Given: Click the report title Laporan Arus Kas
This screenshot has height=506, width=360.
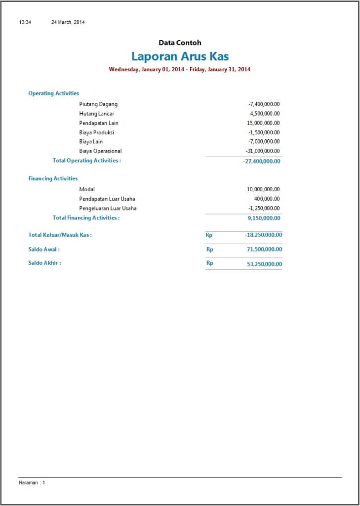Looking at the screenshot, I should pyautogui.click(x=180, y=56).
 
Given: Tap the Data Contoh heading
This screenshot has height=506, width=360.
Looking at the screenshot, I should pyautogui.click(x=180, y=43).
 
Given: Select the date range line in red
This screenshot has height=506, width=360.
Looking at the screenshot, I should pyautogui.click(x=180, y=70).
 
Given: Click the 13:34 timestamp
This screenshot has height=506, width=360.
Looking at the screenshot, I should pyautogui.click(x=25, y=22).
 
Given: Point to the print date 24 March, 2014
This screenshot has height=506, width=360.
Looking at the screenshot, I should pyautogui.click(x=68, y=22).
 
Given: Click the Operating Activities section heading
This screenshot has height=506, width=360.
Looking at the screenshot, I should pyautogui.click(x=53, y=93).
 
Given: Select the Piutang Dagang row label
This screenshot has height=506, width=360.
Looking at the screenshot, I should pyautogui.click(x=98, y=104).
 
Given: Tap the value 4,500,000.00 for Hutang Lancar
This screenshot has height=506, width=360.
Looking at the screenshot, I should pyautogui.click(x=265, y=114).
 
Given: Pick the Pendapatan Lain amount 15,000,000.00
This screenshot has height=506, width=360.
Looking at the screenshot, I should pyautogui.click(x=263, y=123).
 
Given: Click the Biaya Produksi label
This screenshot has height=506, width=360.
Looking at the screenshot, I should pyautogui.click(x=97, y=132).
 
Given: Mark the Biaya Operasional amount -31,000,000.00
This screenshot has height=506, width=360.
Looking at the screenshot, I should pyautogui.click(x=262, y=151).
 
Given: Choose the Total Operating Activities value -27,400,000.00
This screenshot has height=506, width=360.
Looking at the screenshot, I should pyautogui.click(x=262, y=162).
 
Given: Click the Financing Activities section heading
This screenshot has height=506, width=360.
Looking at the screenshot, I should pyautogui.click(x=53, y=179).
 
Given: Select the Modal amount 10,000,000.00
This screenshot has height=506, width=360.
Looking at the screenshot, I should pyautogui.click(x=263, y=189).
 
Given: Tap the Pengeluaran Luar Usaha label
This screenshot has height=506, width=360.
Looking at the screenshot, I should pyautogui.click(x=108, y=208).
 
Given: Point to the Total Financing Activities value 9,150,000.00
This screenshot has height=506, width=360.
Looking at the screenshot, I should pyautogui.click(x=264, y=218).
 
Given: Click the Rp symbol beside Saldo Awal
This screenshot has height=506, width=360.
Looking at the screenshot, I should pyautogui.click(x=210, y=250).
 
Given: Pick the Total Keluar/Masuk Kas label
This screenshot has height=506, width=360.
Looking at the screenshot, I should pyautogui.click(x=60, y=235).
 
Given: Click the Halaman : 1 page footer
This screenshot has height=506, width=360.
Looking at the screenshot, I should pyautogui.click(x=32, y=483).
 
